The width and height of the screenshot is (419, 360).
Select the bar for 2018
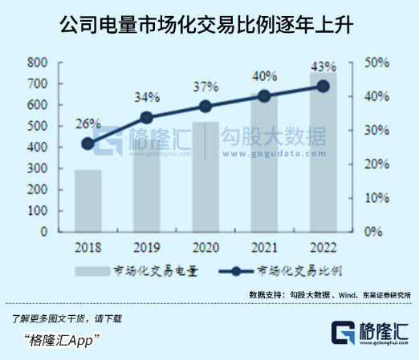point(88,200)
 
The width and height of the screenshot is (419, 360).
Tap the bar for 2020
point(206,176)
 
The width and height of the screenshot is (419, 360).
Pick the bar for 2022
point(323,152)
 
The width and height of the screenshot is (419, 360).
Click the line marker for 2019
point(147,117)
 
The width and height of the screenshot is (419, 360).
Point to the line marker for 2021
point(265,96)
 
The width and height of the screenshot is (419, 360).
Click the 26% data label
point(88,124)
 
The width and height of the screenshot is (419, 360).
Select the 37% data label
point(206,87)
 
